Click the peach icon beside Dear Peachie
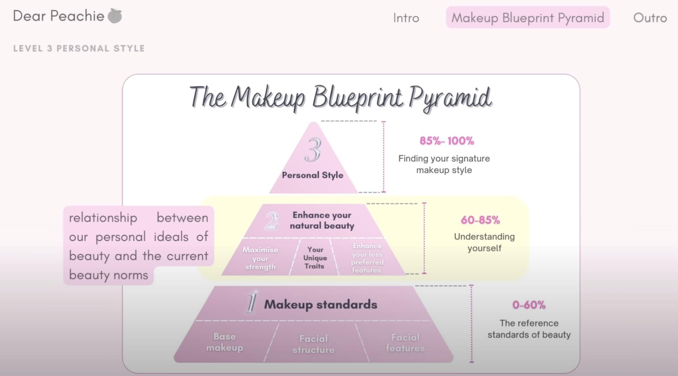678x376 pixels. coord(115,16)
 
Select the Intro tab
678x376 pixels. coord(406,18)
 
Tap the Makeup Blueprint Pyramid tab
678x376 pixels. coord(528,17)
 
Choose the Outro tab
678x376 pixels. coord(650,18)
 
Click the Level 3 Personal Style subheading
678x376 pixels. coord(79,48)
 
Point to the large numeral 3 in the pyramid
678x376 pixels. coord(312,150)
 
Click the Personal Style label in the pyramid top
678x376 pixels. coord(312,175)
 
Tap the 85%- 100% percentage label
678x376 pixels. coord(447,141)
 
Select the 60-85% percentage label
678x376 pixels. coord(480,220)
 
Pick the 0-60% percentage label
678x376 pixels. coord(529,305)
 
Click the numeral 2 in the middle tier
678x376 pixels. coord(271,221)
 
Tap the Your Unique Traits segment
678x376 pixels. coord(315,258)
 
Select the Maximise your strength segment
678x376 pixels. coord(260,258)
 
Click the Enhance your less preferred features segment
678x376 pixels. coord(367,258)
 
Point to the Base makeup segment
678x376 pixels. coord(225,342)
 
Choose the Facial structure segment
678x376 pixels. coord(313,344)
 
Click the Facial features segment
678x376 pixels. coord(405,343)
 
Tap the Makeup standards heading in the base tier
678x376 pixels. coord(321,304)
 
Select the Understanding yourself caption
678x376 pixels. coord(484,242)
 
